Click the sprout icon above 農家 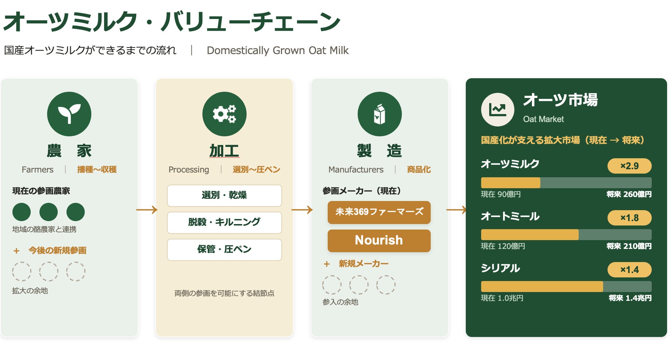pos(69,114)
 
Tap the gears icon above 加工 pos(224,114)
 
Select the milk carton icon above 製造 pos(380,114)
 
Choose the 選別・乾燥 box pos(224,196)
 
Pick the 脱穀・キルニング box pos(224,223)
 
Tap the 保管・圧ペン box pos(224,250)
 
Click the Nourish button pos(379,240)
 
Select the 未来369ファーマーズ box pos(379,212)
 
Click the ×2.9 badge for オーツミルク pos(629,166)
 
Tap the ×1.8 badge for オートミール pos(629,218)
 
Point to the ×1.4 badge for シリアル pos(629,270)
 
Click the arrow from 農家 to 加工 pos(147,210)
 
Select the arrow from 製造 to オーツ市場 pos(457,210)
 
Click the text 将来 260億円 pos(629,194)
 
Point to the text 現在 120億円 pos(503,246)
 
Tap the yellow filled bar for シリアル pos(542,287)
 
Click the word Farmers pos(38,170)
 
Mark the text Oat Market pos(543,119)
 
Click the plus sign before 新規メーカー pos(327,264)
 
